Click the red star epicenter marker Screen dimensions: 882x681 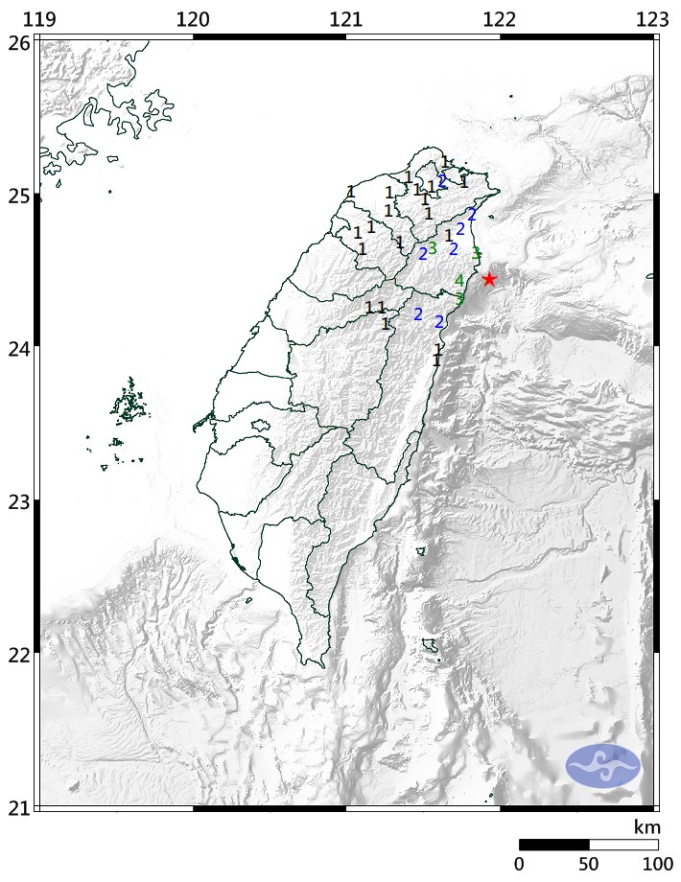point(489,279)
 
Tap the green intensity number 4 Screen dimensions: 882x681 point(458,281)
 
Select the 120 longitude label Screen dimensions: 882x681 point(194,18)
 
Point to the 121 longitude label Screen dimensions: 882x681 point(345,18)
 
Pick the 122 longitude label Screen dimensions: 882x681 point(499,18)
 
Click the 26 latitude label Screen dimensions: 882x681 point(16,42)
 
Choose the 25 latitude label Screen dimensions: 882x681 point(16,196)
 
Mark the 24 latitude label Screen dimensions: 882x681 point(16,348)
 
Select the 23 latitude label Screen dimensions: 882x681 point(16,501)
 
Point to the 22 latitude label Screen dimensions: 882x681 point(16,654)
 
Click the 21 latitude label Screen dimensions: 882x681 point(16,807)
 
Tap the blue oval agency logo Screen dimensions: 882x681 point(602,765)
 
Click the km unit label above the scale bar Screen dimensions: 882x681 point(647,827)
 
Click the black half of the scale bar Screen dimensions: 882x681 point(553,845)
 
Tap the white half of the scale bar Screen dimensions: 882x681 point(622,845)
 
